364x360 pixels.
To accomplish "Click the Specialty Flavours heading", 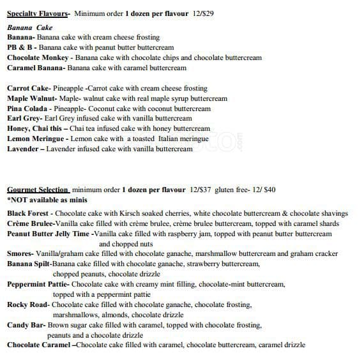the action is (37, 13).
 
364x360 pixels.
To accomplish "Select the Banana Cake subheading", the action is (30, 28).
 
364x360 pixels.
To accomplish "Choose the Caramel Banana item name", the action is (35, 68).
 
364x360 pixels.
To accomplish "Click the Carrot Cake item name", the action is (27, 88).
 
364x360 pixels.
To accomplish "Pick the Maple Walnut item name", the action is (31, 98).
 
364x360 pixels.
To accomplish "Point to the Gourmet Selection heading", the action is (38, 190).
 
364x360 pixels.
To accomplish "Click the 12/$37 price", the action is (201, 190).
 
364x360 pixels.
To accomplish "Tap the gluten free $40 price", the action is (263, 190).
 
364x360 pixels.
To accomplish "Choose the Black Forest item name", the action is (29, 213).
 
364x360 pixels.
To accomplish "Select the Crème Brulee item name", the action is (29, 223).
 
